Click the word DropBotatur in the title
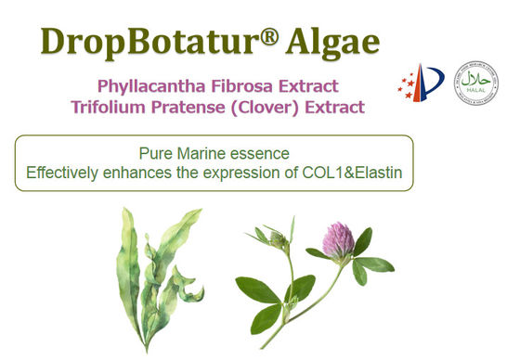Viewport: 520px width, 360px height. pyautogui.click(x=140, y=41)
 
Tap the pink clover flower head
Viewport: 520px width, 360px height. pyautogui.click(x=338, y=240)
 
